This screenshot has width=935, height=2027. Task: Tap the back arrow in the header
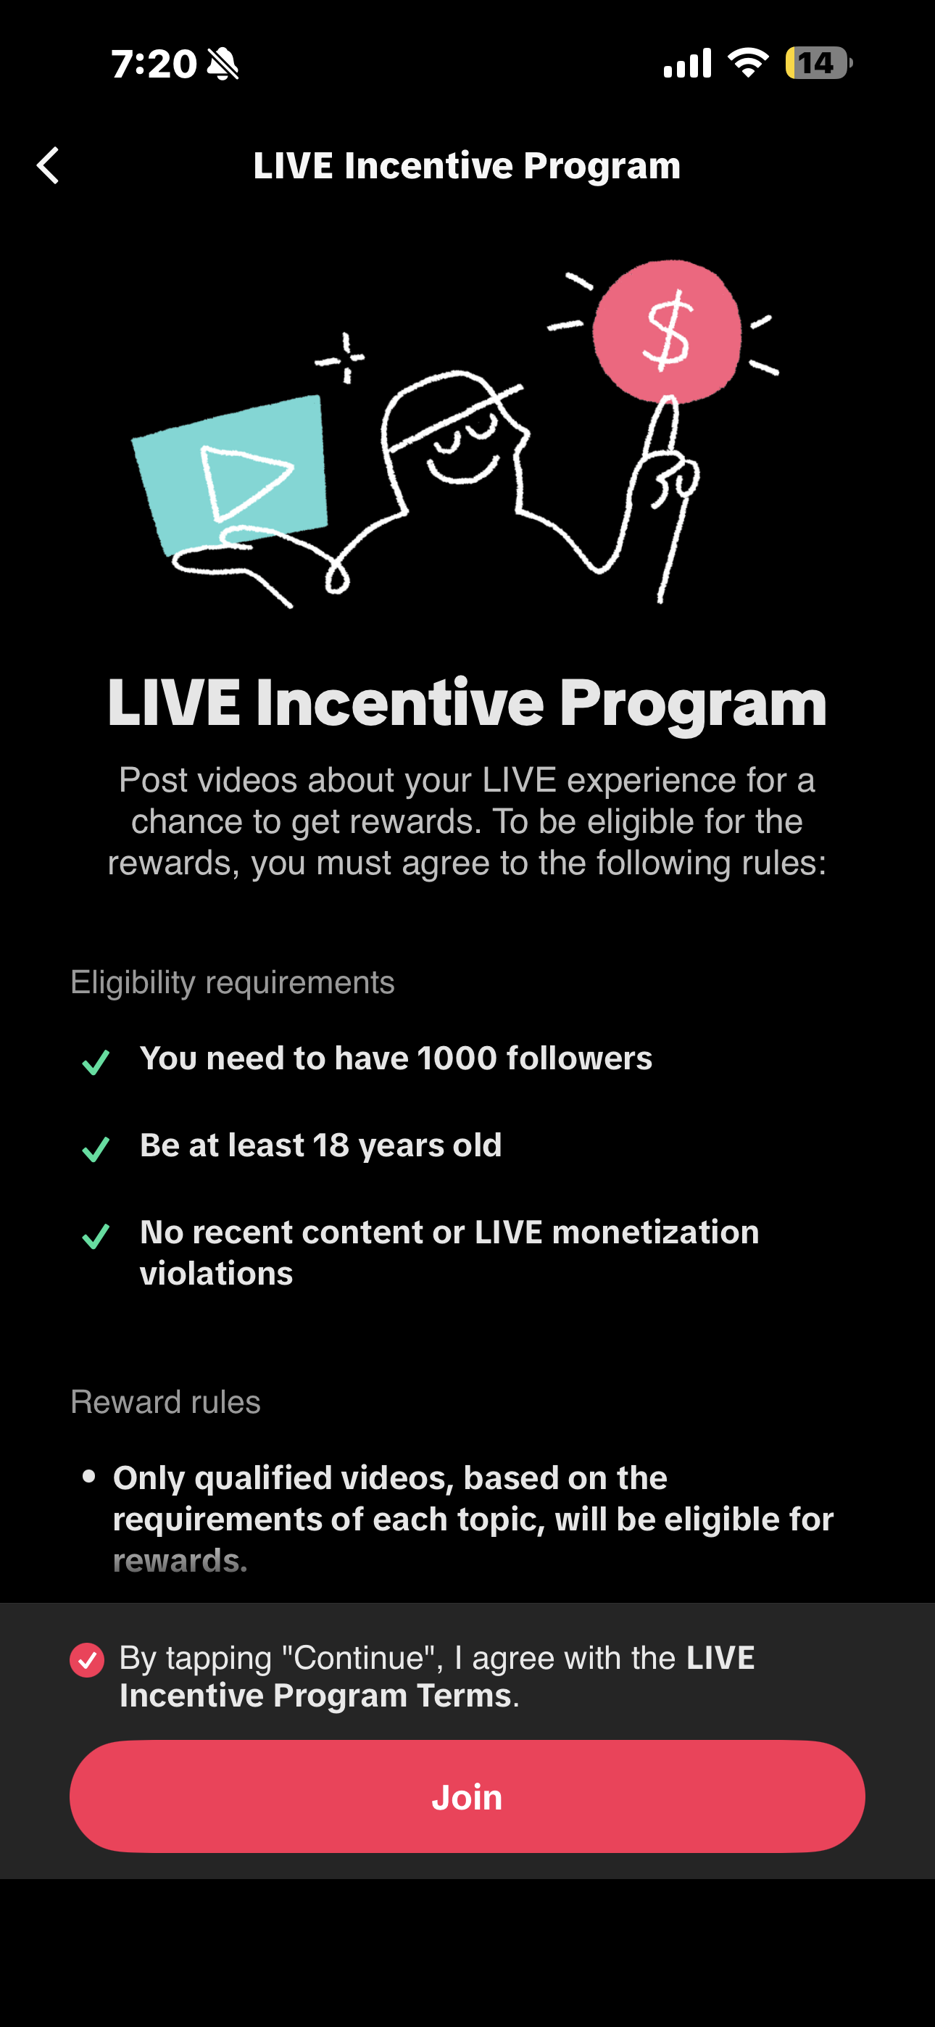pos(48,165)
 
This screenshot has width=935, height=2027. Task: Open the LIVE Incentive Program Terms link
pos(438,1677)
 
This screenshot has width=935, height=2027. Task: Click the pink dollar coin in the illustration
pos(667,331)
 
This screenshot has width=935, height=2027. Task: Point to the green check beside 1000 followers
pos(96,1062)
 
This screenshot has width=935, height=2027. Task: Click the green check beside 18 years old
pos(96,1149)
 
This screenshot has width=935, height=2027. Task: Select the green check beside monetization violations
pos(96,1236)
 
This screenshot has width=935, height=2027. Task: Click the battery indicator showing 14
pos(818,63)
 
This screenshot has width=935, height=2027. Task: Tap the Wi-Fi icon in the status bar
pos(749,63)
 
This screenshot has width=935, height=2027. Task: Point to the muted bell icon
pos(223,64)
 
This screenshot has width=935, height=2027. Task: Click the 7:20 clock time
pos(154,64)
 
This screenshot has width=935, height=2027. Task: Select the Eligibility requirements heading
pos(233,983)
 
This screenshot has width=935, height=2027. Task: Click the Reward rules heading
pos(165,1402)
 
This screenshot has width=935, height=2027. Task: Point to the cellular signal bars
pos(688,63)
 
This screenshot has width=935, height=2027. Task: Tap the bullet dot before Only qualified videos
pos(89,1477)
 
